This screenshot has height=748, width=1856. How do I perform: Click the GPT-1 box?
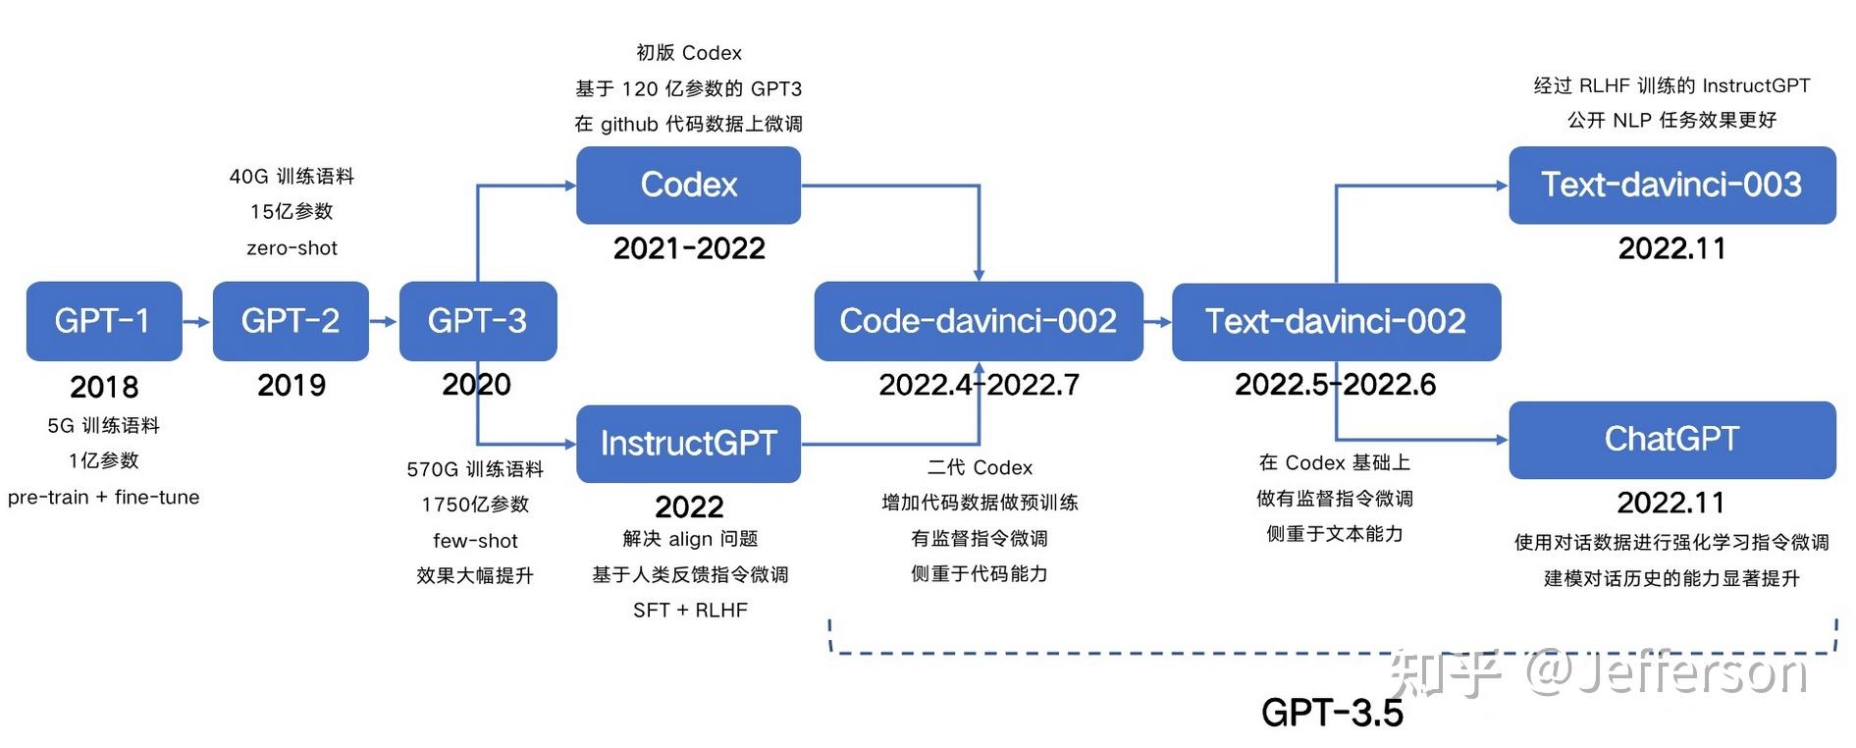click(103, 321)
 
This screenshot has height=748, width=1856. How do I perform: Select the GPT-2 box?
click(291, 321)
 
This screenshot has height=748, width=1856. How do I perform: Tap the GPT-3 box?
click(477, 321)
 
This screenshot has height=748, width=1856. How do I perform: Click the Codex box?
click(688, 185)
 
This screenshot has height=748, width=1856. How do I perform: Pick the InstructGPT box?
click(688, 443)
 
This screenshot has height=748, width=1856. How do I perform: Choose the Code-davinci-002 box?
click(978, 321)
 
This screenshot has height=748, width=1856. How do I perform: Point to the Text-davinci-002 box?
click(1335, 321)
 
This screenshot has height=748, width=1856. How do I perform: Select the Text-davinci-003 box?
click(1670, 185)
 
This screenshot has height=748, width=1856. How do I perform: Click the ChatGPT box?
click(1670, 439)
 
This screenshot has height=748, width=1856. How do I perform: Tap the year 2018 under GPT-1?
click(104, 387)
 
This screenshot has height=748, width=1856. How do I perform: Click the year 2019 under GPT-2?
click(292, 385)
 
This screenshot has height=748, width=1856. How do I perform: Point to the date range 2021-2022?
click(689, 248)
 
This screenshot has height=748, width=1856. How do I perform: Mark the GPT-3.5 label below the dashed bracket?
click(1332, 713)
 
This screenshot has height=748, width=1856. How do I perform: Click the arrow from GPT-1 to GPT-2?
click(197, 322)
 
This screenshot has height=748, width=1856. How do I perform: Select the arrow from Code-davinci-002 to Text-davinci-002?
click(1158, 322)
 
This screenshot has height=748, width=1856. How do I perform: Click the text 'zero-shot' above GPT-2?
click(292, 248)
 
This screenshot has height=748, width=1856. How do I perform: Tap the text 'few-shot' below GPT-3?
click(475, 541)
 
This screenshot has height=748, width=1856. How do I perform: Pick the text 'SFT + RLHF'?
click(690, 611)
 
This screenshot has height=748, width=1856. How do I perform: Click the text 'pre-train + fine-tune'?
click(103, 498)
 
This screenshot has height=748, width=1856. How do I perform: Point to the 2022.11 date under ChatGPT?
click(1670, 503)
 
